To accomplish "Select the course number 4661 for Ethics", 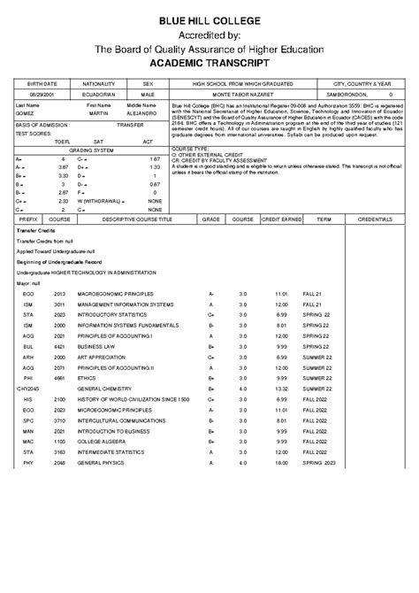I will [x=60, y=375].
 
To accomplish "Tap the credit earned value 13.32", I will [x=283, y=388].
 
